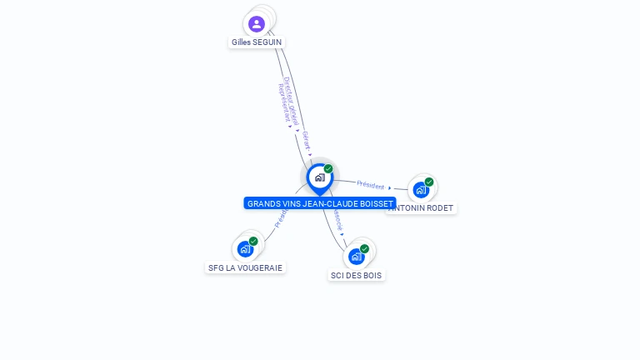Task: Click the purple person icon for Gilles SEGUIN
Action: (x=257, y=23)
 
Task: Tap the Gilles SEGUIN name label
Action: (x=257, y=42)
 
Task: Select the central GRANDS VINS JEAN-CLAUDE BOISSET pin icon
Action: (x=319, y=177)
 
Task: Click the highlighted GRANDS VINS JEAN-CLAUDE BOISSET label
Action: (x=320, y=203)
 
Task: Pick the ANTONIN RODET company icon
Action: (x=421, y=190)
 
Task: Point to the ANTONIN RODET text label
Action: (x=423, y=208)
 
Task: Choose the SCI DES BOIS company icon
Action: (x=357, y=256)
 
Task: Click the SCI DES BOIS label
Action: (x=357, y=275)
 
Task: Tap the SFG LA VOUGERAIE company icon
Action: (x=245, y=248)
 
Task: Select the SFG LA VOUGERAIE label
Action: (x=245, y=268)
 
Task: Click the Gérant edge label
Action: (x=306, y=140)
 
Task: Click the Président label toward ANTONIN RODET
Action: (x=371, y=185)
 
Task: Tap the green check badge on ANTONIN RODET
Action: (x=429, y=182)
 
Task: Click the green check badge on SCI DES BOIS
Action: (x=364, y=248)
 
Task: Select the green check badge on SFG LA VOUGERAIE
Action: (x=253, y=241)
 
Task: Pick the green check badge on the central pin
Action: (x=328, y=168)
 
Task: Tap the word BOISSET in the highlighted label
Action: (x=374, y=203)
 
